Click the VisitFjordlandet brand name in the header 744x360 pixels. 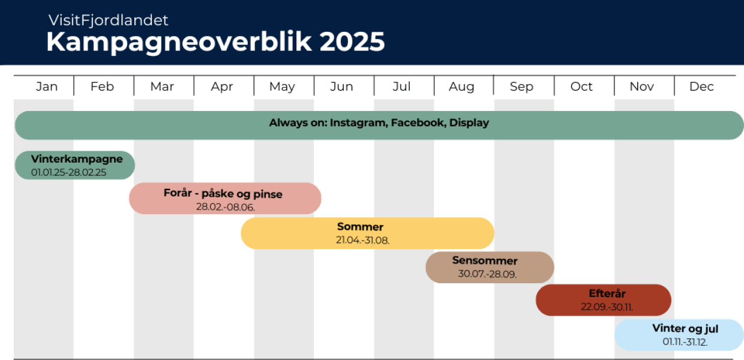108,20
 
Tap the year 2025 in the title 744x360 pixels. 352,43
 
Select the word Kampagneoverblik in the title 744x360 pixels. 179,43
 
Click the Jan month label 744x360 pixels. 46,86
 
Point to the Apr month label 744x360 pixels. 222,86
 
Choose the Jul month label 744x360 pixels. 401,86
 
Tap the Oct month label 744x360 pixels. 581,86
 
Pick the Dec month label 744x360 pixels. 701,86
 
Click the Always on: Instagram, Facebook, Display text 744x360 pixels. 379,123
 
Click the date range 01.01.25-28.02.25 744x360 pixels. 68,172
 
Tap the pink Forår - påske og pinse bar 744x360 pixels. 225,199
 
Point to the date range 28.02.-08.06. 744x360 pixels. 225,207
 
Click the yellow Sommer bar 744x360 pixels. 367,233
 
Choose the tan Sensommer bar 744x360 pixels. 490,267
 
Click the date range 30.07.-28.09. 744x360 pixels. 487,274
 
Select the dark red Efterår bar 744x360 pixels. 603,300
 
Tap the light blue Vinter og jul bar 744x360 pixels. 679,335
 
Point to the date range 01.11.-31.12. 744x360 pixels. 685,342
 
